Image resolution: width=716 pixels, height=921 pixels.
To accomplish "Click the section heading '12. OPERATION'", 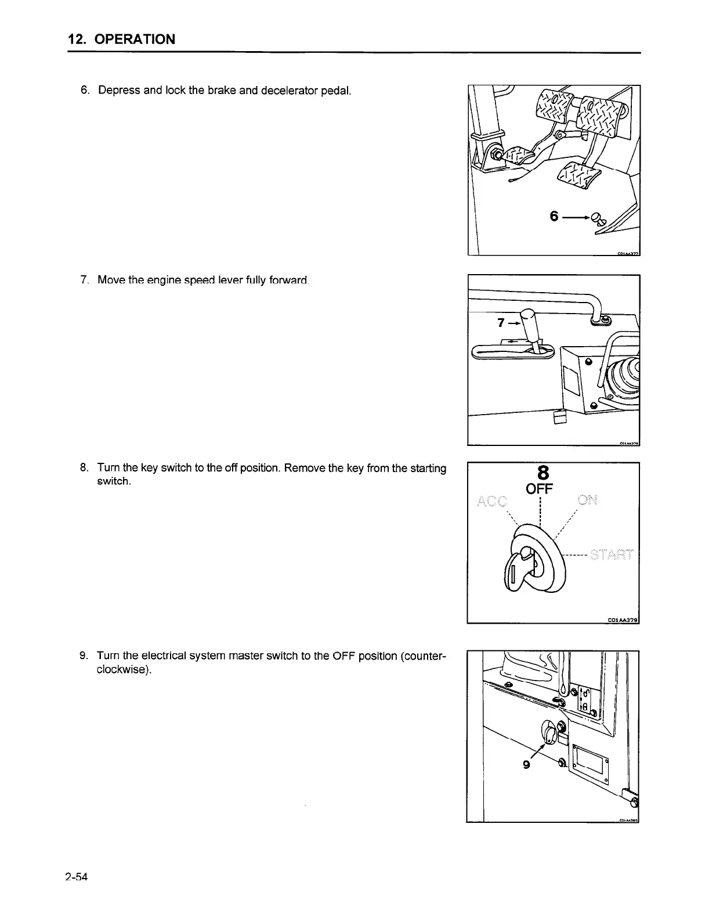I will pos(121,39).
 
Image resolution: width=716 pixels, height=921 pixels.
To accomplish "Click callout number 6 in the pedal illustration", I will pos(554,217).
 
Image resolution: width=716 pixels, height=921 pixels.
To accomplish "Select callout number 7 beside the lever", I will pos(501,323).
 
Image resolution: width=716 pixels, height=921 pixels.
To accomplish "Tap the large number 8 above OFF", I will pos(544,472).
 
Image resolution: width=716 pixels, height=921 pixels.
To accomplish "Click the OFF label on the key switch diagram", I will pos(539,489).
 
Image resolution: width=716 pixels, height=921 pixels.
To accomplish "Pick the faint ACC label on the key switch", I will pos(491,501).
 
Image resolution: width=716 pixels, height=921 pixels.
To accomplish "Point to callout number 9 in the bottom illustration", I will pos(526,765).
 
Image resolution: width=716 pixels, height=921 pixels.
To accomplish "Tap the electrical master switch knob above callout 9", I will pos(549,732).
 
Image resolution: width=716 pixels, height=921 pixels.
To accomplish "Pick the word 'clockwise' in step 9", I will pos(122,670).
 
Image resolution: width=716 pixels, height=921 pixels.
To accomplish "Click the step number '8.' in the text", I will pos(84,468).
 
